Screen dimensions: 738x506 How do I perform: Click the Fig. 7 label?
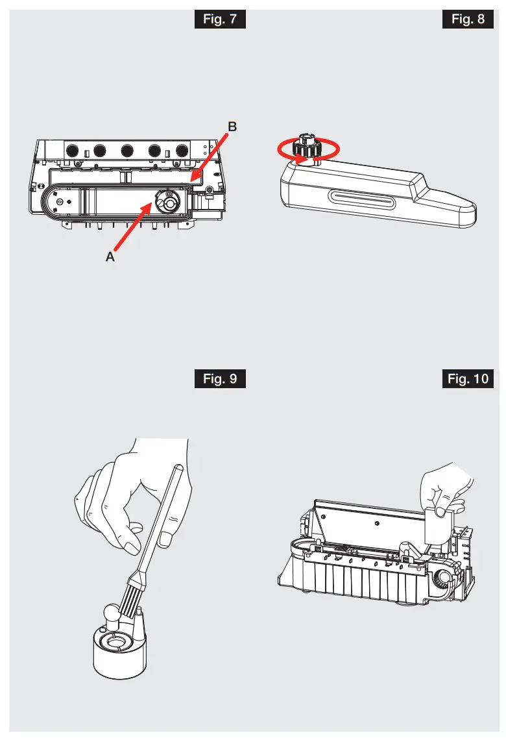tap(220, 19)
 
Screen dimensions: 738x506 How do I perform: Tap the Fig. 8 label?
tap(468, 19)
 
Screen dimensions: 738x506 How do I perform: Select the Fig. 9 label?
tap(220, 378)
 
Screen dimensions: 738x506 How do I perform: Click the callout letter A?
tap(110, 257)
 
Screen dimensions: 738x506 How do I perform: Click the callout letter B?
tap(232, 128)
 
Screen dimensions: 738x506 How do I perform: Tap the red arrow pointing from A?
tap(133, 226)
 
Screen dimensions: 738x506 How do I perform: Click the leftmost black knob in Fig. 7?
tap(73, 151)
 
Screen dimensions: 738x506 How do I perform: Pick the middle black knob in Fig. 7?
tap(126, 151)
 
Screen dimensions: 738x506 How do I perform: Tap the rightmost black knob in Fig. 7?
tap(182, 151)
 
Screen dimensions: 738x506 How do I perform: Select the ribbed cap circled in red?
tap(305, 149)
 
